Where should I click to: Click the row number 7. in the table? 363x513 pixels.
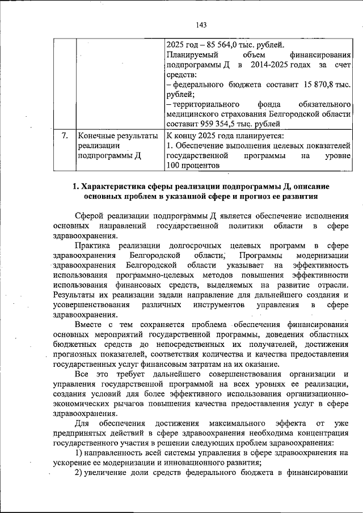[65, 136]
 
